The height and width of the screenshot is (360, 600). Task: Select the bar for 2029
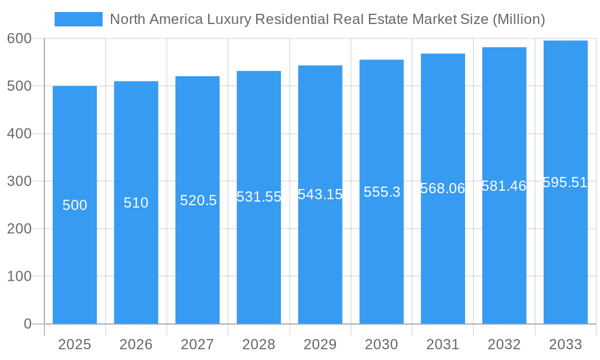pos(320,252)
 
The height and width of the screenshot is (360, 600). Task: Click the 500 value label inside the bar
pos(75,205)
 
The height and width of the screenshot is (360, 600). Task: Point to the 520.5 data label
pos(198,200)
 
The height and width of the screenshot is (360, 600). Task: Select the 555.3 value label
pos(382,192)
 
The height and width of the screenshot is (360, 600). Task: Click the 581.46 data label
pos(504,186)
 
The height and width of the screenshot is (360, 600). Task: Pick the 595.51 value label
pos(565,182)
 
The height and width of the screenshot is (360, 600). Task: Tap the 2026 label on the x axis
pos(136,344)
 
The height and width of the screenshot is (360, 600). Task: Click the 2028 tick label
pos(259,344)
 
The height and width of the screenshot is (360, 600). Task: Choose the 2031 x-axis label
pos(443,344)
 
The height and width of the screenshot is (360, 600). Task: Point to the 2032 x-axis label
pos(504,344)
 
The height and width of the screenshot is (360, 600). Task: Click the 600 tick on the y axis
pos(19,38)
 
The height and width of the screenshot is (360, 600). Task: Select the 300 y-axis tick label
pos(19,181)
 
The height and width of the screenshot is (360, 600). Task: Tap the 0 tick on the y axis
pos(28,324)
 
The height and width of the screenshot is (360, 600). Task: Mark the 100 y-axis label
pos(19,277)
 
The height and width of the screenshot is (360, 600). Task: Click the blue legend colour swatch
pos(79,19)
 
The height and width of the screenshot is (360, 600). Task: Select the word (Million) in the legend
pos(518,19)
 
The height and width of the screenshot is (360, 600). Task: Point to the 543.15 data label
pos(320,194)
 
